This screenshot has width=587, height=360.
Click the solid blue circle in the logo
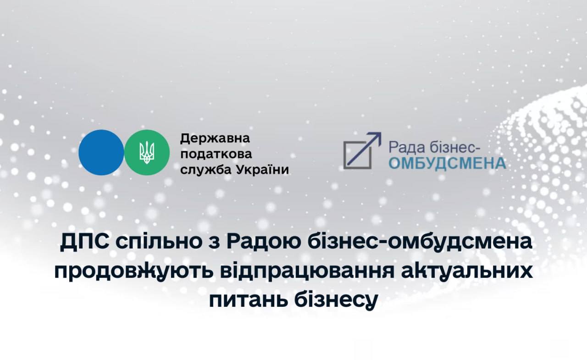click(x=101, y=153)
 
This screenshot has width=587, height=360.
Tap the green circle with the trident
click(x=147, y=153)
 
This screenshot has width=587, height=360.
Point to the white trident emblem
click(x=147, y=153)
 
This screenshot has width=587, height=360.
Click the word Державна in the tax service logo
click(x=215, y=138)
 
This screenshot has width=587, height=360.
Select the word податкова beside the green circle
click(x=216, y=154)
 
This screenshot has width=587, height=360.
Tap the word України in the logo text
click(x=263, y=170)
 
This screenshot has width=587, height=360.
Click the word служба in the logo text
click(x=206, y=170)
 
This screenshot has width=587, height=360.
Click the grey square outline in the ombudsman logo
click(x=358, y=155)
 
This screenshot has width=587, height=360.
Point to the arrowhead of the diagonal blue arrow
click(x=377, y=136)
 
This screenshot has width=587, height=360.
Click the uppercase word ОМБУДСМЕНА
click(x=447, y=164)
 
